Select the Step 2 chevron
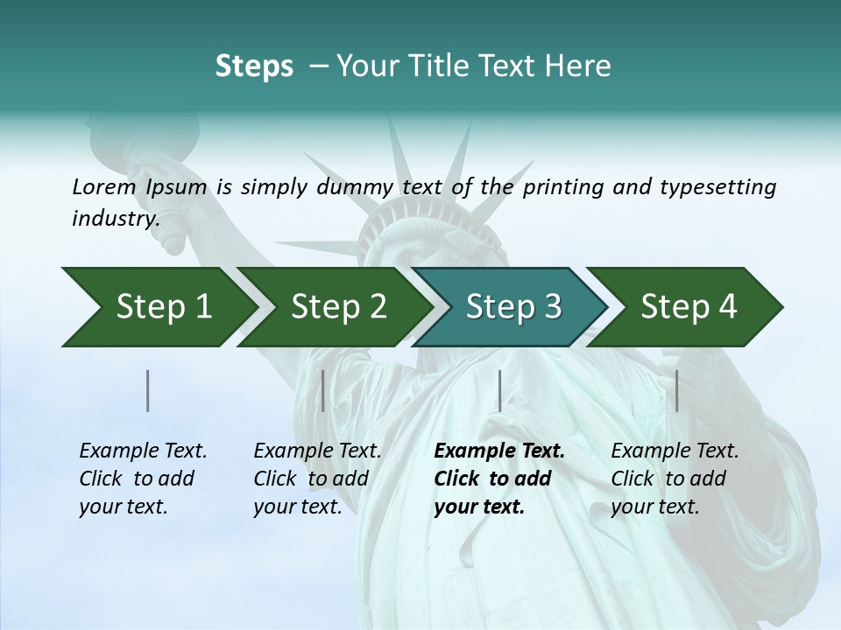tap(337, 306)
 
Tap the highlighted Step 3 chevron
tap(512, 306)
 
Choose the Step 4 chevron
tap(688, 306)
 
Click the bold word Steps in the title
tap(254, 66)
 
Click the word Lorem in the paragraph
tap(103, 186)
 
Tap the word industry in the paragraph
tap(115, 218)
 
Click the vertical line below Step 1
tap(148, 390)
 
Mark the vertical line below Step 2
tap(323, 390)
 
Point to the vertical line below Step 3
tap(499, 390)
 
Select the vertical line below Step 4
tap(676, 390)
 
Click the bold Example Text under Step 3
tap(499, 451)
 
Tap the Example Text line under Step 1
tap(143, 451)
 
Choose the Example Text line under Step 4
tap(675, 451)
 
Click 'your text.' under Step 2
tap(297, 507)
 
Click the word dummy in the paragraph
tap(364, 186)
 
